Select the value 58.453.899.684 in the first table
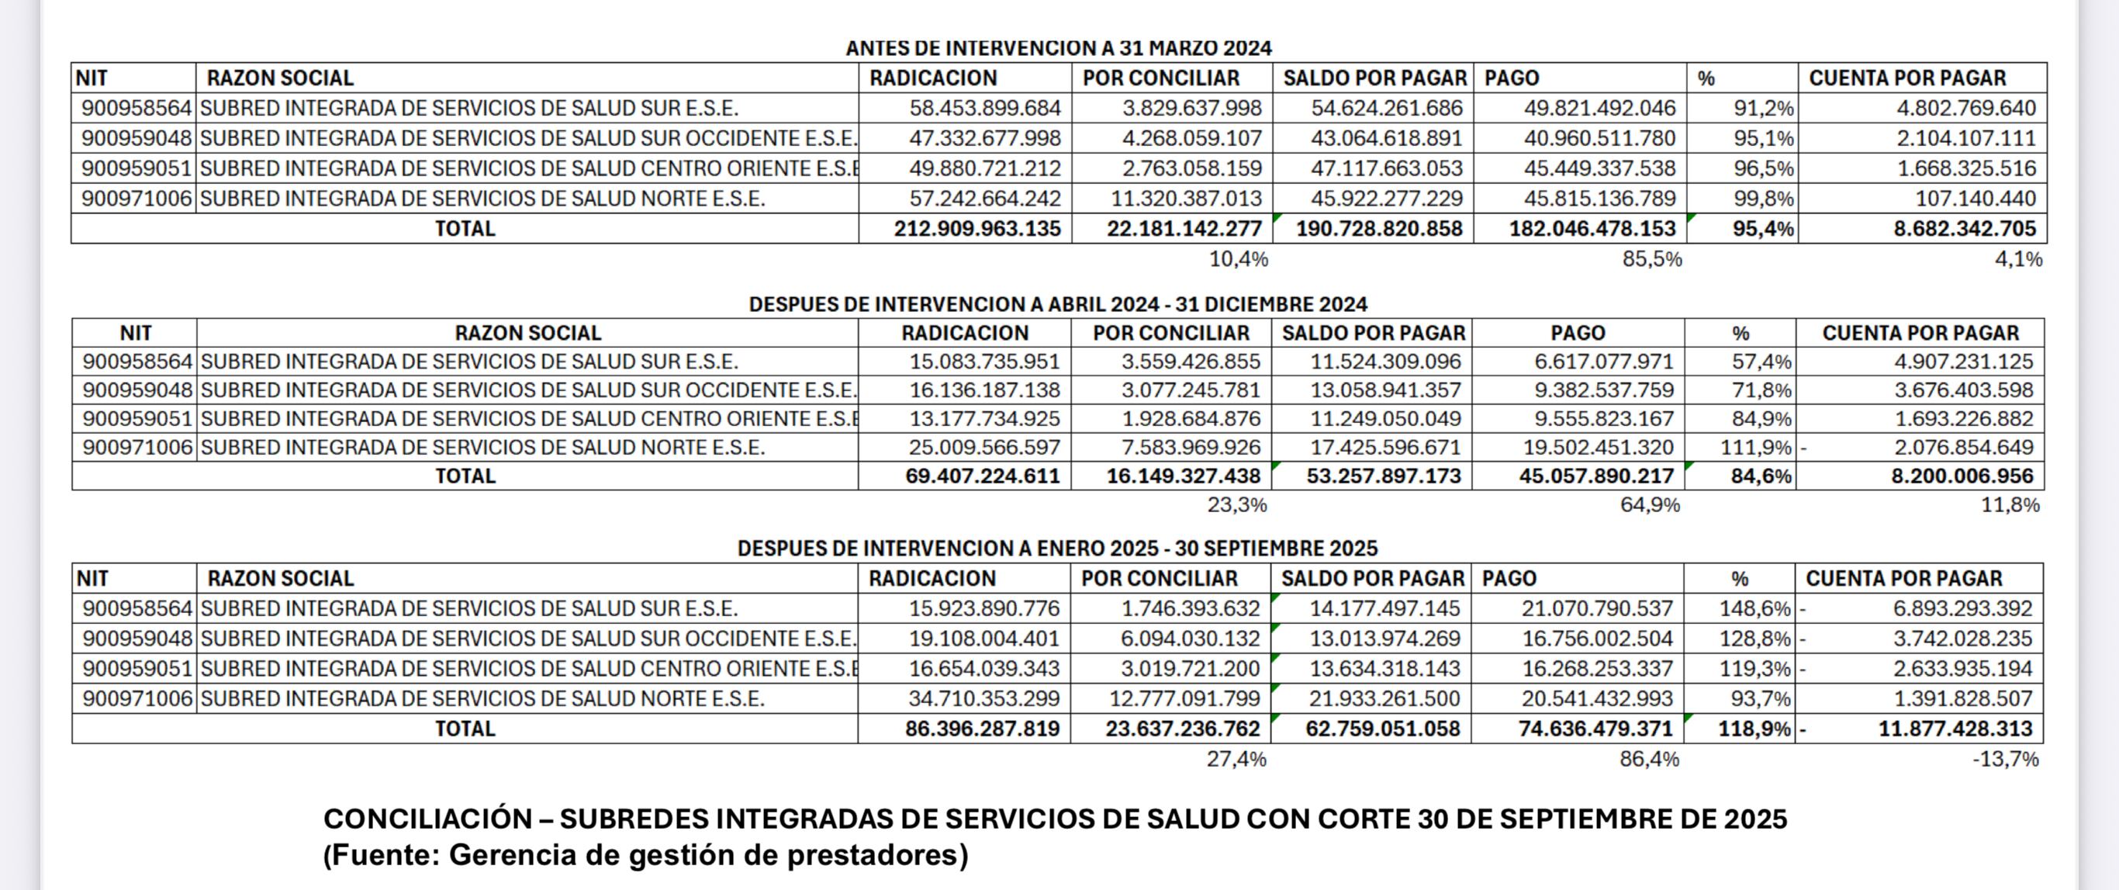pyautogui.click(x=984, y=108)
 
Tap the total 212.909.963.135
pyautogui.click(x=977, y=229)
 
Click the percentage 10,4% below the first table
pyautogui.click(x=1238, y=259)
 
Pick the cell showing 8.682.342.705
pyautogui.click(x=1965, y=229)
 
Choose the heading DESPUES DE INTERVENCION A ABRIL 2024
pyautogui.click(x=1058, y=304)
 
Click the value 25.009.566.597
pyautogui.click(x=983, y=448)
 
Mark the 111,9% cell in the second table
pyautogui.click(x=1755, y=448)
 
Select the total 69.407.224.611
pyautogui.click(x=982, y=476)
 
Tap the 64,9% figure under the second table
pyautogui.click(x=1649, y=505)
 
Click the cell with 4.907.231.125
pyautogui.click(x=1964, y=362)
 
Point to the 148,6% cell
pyautogui.click(x=1754, y=608)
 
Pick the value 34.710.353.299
pyautogui.click(x=983, y=699)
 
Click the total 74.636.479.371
pyautogui.click(x=1595, y=729)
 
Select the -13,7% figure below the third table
pyautogui.click(x=2005, y=759)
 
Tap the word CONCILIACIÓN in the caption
pyautogui.click(x=427, y=819)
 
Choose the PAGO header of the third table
pyautogui.click(x=1509, y=578)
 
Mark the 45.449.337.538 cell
pyautogui.click(x=1599, y=168)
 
